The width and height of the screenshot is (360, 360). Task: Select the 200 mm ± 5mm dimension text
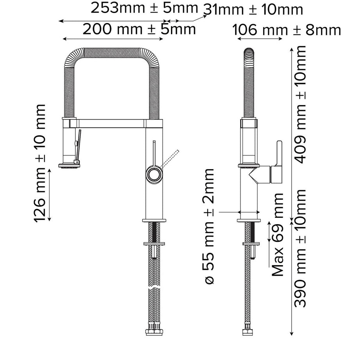click(x=139, y=29)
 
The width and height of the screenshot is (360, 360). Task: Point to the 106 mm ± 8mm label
click(x=286, y=30)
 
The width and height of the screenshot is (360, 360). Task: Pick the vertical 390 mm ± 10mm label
click(x=300, y=248)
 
